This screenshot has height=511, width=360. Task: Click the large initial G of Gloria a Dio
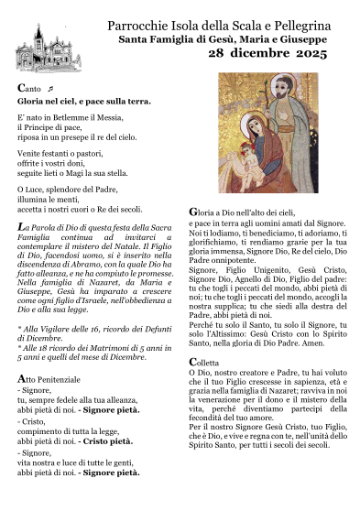[x=193, y=212]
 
